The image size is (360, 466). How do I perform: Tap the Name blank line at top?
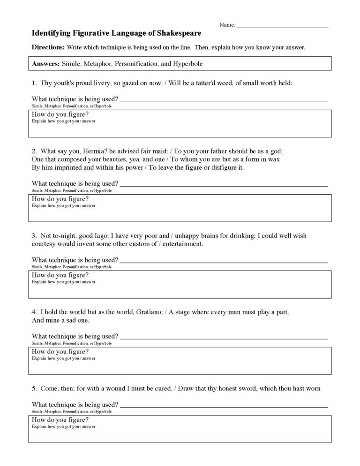click(283, 25)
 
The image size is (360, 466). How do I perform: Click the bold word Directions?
click(48, 48)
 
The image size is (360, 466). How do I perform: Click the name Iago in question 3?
click(106, 236)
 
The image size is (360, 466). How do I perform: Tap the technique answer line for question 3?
click(224, 261)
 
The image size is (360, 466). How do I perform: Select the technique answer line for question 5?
click(224, 405)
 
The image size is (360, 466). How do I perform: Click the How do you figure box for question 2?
click(180, 208)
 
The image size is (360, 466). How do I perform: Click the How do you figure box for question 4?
click(180, 361)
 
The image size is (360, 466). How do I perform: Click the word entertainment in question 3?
click(180, 244)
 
